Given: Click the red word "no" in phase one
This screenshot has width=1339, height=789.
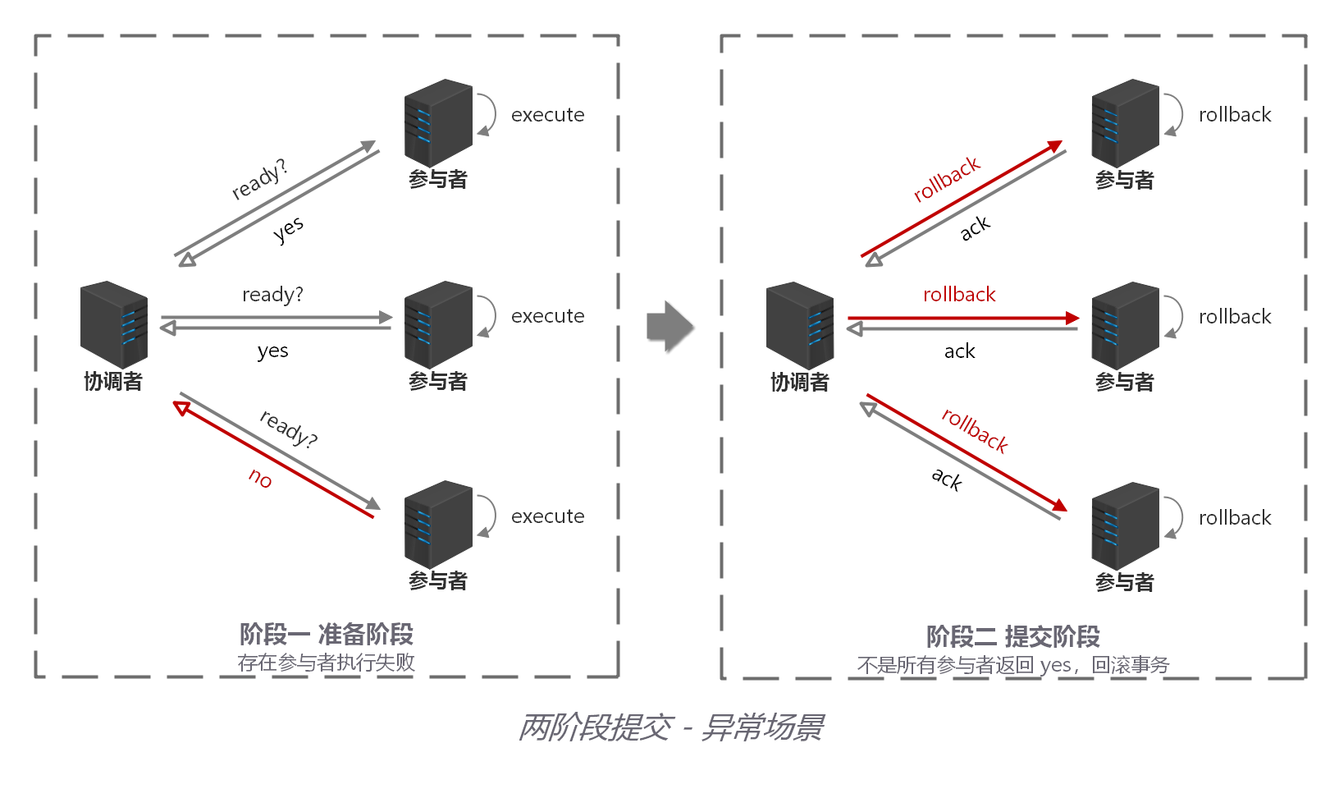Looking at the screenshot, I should (260, 478).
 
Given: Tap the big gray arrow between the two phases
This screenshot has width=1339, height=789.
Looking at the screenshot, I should (669, 326).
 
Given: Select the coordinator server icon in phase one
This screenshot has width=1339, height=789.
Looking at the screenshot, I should (114, 324).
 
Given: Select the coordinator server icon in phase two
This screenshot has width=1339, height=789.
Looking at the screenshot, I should (800, 325).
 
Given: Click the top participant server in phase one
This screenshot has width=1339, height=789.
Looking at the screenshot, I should (438, 122).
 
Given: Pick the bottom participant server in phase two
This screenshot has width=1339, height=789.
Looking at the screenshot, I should (1125, 525).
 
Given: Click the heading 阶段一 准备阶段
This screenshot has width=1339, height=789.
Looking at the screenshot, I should (327, 634).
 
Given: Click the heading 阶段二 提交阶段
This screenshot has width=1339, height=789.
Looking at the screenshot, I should (1013, 636).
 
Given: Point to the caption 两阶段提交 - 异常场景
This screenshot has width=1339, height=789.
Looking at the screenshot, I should (670, 727).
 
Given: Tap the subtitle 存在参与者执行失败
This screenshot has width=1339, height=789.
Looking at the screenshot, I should (327, 663).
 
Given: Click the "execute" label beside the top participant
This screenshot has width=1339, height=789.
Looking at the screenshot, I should (547, 115).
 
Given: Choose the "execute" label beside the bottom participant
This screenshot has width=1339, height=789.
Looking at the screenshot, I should (547, 516).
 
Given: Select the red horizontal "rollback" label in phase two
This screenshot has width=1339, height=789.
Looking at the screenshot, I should (959, 295).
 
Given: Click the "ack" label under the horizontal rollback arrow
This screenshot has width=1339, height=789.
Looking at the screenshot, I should (959, 351).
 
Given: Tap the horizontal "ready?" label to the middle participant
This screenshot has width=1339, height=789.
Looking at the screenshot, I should (272, 295).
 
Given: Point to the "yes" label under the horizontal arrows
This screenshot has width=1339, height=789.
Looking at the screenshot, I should (272, 351).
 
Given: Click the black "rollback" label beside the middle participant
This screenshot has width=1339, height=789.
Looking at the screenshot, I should (1234, 317).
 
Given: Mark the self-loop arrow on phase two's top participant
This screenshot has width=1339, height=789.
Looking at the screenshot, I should (1174, 115).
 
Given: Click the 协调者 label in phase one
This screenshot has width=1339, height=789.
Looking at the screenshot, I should (113, 382).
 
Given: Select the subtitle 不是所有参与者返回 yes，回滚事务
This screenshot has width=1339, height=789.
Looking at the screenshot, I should (1013, 665).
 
